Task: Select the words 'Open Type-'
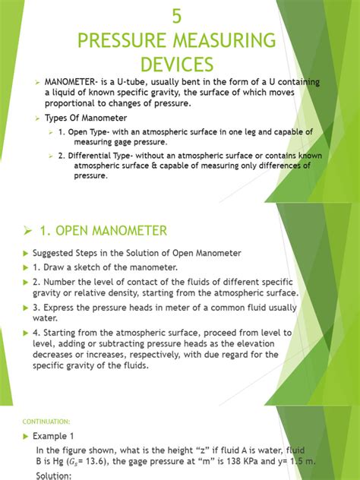pos(89,132)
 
